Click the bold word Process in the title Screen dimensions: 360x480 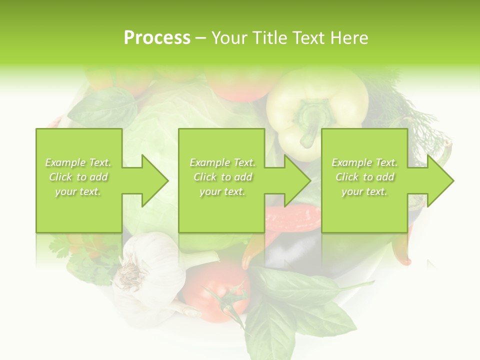tap(157, 38)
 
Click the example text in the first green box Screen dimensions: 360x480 tap(78, 177)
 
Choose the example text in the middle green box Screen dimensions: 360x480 tap(222, 177)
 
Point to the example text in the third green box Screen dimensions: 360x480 tap(364, 177)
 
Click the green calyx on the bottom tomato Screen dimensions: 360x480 tap(227, 300)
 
